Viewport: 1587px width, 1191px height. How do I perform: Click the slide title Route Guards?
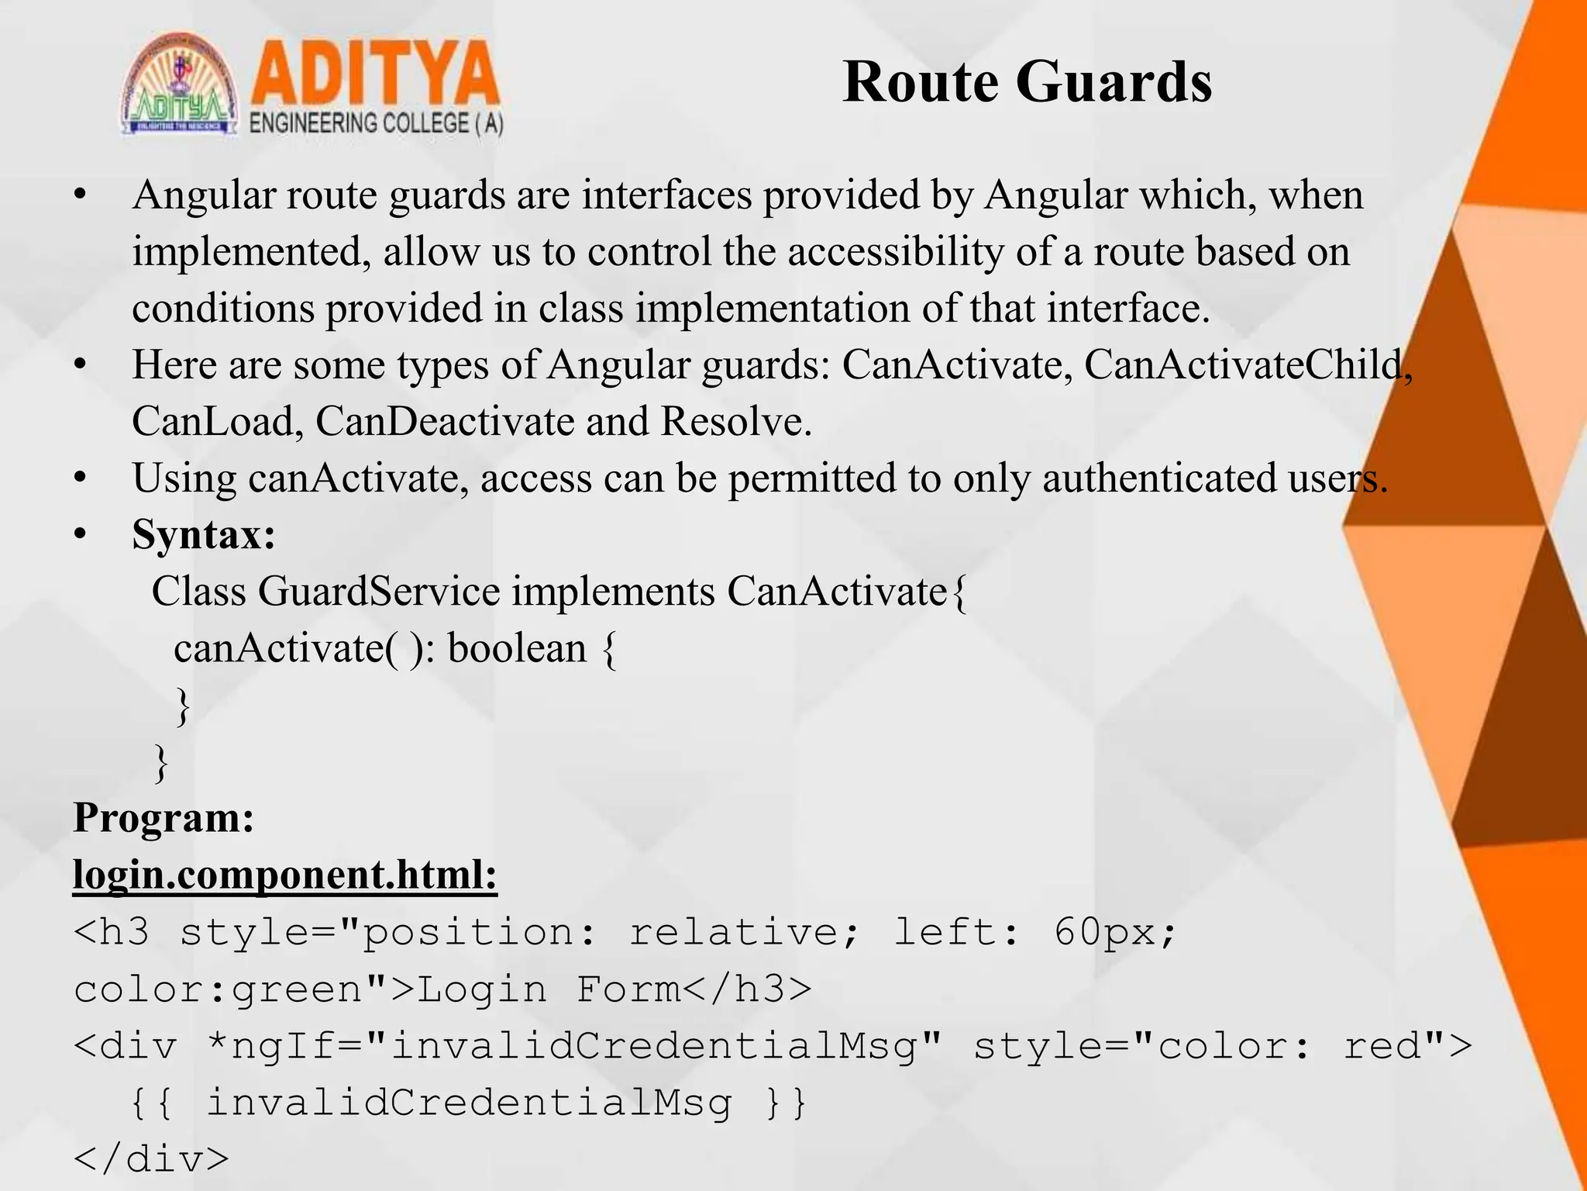1027,81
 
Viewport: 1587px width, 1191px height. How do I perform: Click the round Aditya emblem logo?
180,85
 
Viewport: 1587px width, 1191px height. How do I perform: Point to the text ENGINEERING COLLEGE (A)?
377,124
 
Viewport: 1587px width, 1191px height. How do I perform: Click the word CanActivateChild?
1244,364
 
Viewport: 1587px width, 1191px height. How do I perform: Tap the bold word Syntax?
204,535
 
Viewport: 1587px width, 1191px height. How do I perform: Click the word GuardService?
379,592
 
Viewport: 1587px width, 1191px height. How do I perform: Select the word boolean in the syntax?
517,648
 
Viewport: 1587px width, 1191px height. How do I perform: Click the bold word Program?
164,818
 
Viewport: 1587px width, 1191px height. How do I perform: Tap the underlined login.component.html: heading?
284,875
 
